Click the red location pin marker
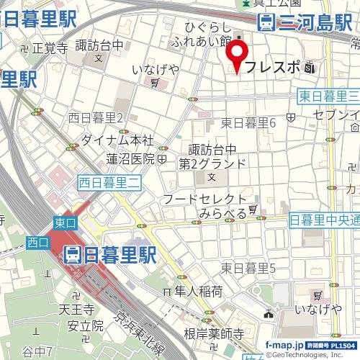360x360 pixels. [237, 56]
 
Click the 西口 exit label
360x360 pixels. [37, 242]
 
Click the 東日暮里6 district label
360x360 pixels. [249, 123]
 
